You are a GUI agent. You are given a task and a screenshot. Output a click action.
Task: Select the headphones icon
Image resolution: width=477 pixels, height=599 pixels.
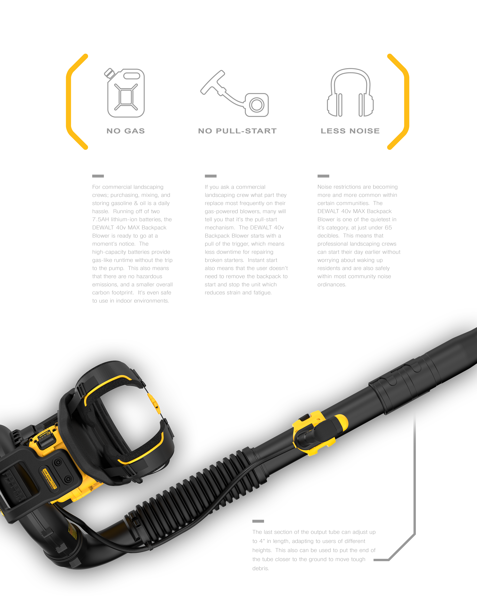tap(350, 93)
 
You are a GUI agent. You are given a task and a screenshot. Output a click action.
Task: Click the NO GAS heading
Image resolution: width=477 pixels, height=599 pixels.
tap(126, 131)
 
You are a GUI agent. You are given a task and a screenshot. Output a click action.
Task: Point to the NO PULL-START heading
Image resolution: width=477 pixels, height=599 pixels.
tap(237, 131)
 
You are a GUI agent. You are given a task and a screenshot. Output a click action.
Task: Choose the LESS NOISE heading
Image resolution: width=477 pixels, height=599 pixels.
tap(350, 131)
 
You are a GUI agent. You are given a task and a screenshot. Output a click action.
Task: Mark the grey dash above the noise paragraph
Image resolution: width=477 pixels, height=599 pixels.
tap(323, 176)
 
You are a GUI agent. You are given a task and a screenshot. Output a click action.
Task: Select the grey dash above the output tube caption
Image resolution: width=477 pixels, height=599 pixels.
tap(258, 521)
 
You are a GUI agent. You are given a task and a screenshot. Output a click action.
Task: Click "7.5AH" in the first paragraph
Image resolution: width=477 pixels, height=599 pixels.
tap(101, 219)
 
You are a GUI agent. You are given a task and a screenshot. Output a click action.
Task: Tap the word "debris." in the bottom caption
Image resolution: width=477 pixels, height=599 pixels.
tap(261, 568)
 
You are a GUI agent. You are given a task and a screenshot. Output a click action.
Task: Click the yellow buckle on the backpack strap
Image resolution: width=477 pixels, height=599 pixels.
tap(154, 402)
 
